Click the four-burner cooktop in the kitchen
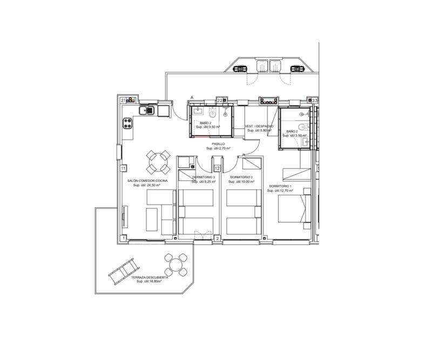pos(128,123)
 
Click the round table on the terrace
pos(176,266)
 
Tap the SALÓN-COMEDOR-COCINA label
pos(147,181)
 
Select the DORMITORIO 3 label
pos(203,178)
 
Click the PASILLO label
pos(218,144)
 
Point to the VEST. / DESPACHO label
pos(260,126)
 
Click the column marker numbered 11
pos(123,168)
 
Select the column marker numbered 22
pos(220,100)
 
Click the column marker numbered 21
pos(123,100)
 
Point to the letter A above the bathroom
pos(191,98)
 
